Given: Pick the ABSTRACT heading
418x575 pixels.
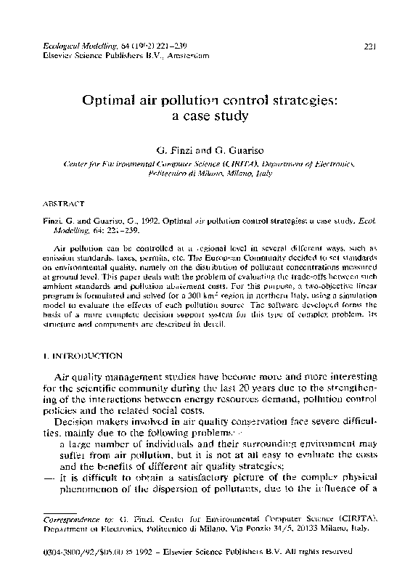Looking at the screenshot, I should pos(65,205).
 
